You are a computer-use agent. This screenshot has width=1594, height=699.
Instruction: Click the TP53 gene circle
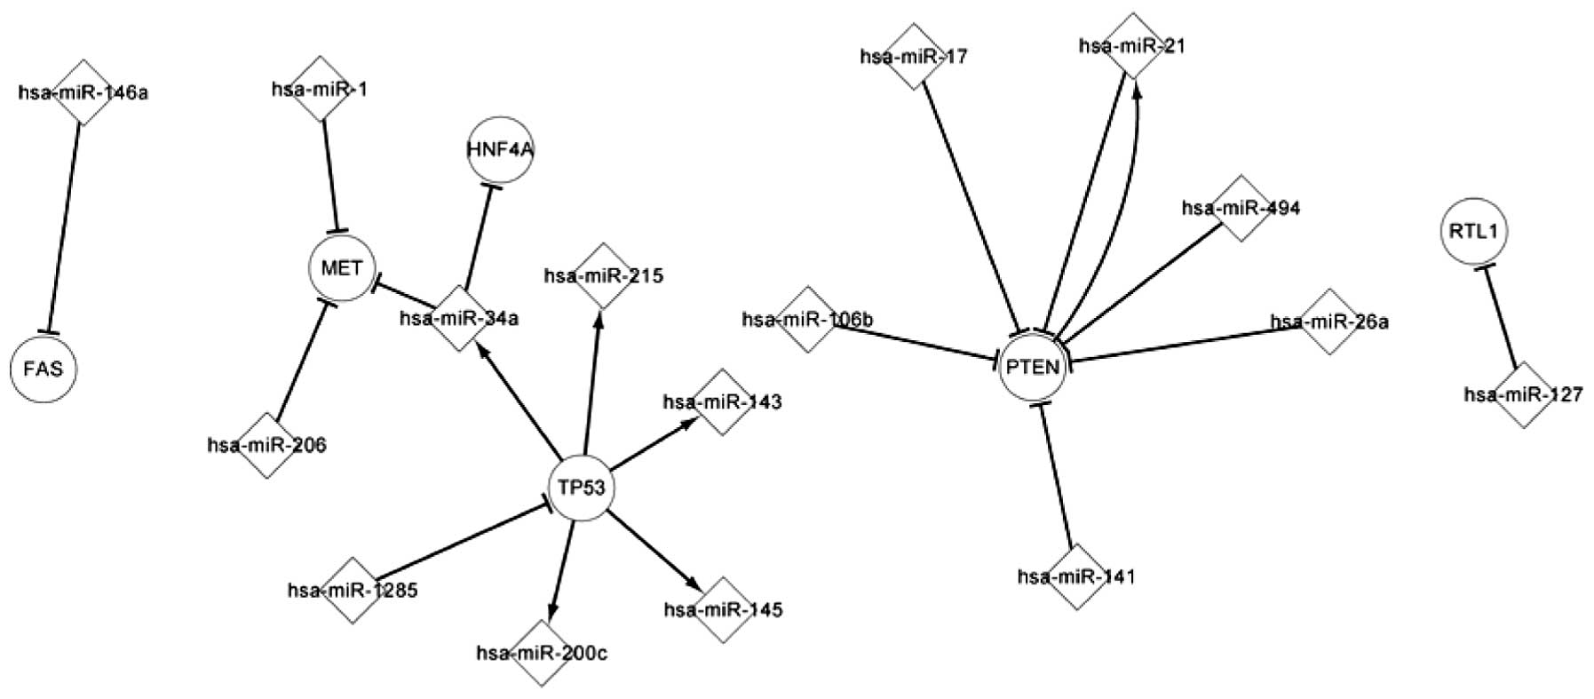582,487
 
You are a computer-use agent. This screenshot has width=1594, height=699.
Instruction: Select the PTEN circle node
1031,366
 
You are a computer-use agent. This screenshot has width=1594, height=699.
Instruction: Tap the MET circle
342,267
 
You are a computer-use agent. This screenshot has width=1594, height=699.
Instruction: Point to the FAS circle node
44,368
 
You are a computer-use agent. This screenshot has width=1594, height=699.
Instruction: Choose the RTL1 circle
1472,231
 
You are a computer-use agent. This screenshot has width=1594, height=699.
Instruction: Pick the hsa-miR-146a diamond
83,91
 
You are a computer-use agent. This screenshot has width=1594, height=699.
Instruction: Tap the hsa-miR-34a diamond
458,317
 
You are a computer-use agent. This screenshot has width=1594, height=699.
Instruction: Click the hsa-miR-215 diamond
603,276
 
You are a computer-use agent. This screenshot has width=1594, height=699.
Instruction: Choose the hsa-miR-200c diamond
543,654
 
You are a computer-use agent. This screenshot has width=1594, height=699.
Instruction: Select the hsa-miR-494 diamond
1241,208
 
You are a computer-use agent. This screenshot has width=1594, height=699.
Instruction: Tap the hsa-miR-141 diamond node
1076,576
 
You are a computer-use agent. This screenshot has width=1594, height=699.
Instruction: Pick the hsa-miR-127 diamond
1524,394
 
